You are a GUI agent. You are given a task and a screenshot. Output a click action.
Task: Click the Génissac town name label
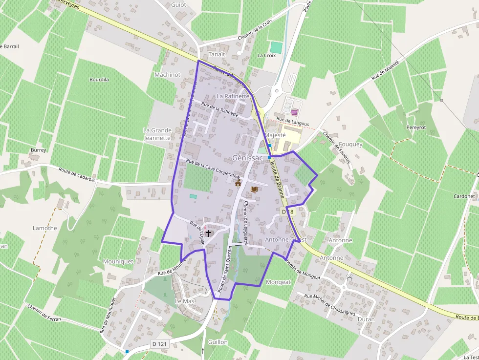[247, 158]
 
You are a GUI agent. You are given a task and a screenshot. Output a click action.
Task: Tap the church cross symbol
[209, 233]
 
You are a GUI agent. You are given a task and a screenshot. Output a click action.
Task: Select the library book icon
[254, 189]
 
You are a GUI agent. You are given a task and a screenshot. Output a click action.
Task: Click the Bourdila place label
[99, 79]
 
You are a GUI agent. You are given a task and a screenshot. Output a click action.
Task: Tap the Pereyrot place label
[416, 127]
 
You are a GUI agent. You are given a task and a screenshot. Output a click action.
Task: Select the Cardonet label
[464, 196]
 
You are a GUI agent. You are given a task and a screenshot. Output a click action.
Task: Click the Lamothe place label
[45, 228]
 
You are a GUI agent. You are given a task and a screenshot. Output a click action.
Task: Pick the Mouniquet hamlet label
[118, 261]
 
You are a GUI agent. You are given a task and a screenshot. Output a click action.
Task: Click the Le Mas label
[185, 301]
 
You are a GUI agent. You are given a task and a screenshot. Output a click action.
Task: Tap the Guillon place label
[218, 342]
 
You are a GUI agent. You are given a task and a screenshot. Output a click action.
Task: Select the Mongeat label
[278, 282]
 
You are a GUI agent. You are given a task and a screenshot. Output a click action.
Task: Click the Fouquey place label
[350, 145]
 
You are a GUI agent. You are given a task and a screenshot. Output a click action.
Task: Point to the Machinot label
[167, 75]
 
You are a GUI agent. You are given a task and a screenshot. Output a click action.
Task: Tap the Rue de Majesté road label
[385, 70]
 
